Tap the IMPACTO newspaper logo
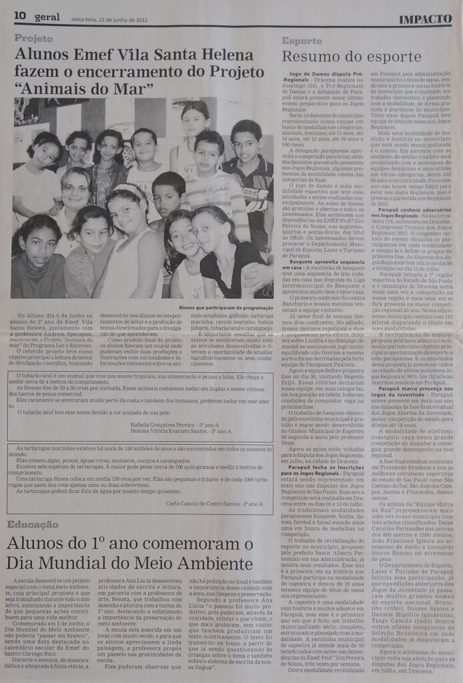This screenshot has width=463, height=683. coord(425,19)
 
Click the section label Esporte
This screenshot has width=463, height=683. coord(302,41)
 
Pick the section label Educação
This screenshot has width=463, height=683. coord(32,524)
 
